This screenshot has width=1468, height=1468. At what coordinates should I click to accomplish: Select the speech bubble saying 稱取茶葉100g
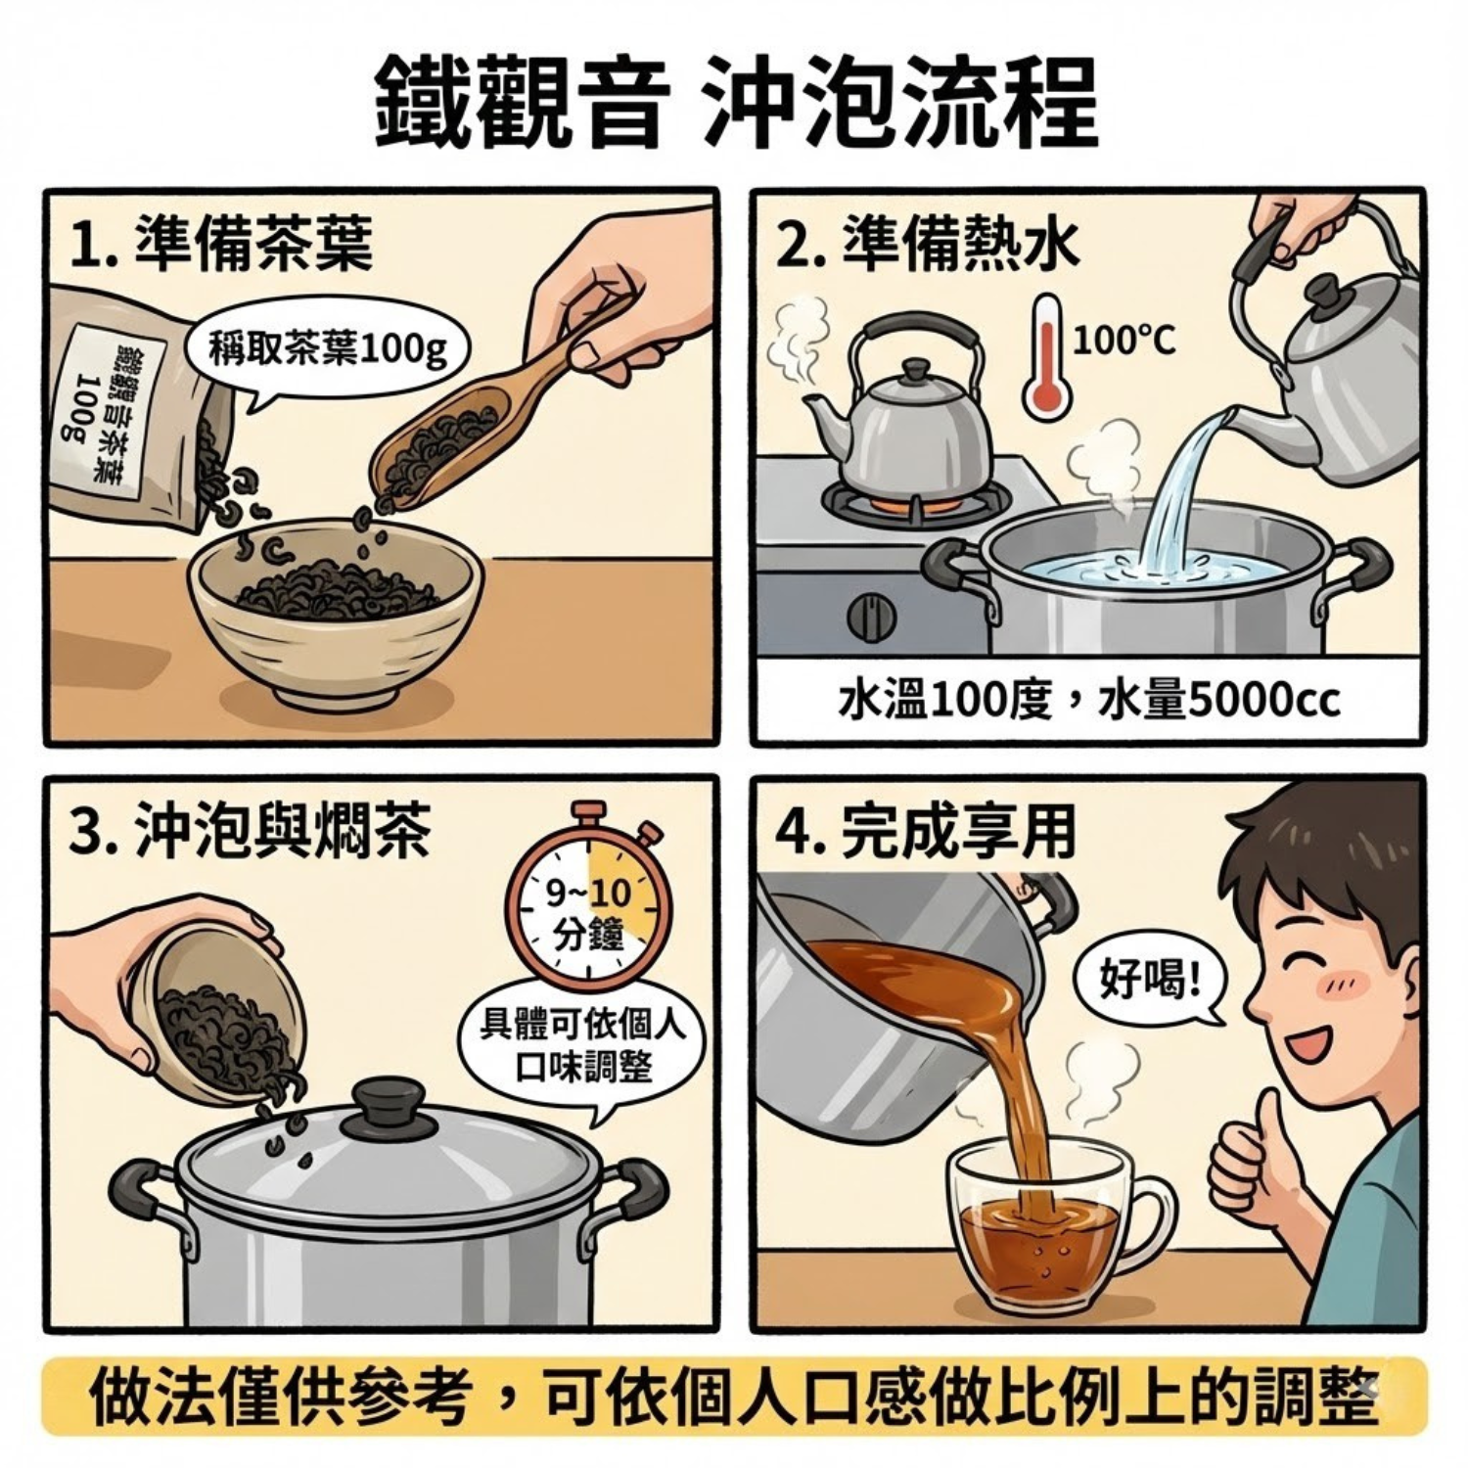(x=327, y=348)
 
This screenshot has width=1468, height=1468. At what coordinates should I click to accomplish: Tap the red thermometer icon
(x=1047, y=360)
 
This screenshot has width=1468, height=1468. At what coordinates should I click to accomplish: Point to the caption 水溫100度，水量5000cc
(x=1088, y=701)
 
